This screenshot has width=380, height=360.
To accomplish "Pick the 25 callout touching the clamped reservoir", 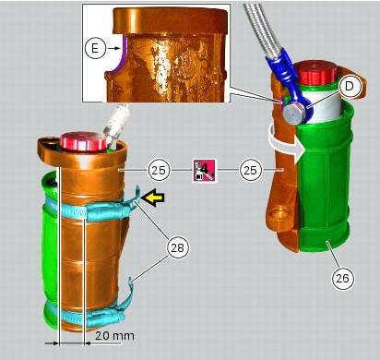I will coord(158,171).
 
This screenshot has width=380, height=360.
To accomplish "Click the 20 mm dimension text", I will coord(107,336).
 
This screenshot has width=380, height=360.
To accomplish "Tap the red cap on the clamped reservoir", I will coord(77,141).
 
